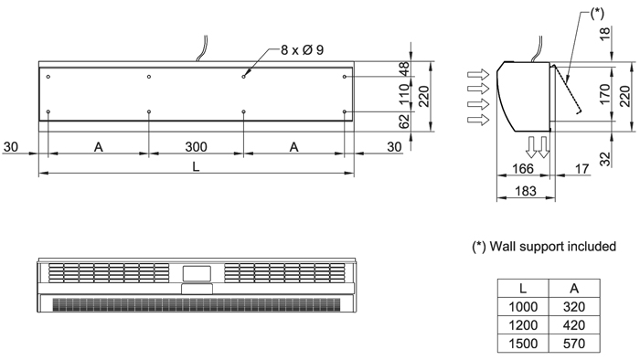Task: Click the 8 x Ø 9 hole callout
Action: tap(302, 49)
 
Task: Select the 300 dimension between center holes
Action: tap(196, 146)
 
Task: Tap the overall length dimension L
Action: tap(196, 166)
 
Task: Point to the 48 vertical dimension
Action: tap(404, 69)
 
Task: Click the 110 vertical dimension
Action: tap(404, 93)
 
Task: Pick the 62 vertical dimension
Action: tap(404, 122)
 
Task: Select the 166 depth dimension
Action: tap(522, 168)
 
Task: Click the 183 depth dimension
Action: tap(526, 190)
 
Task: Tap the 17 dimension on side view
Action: tap(582, 168)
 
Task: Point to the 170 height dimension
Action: tap(605, 94)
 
